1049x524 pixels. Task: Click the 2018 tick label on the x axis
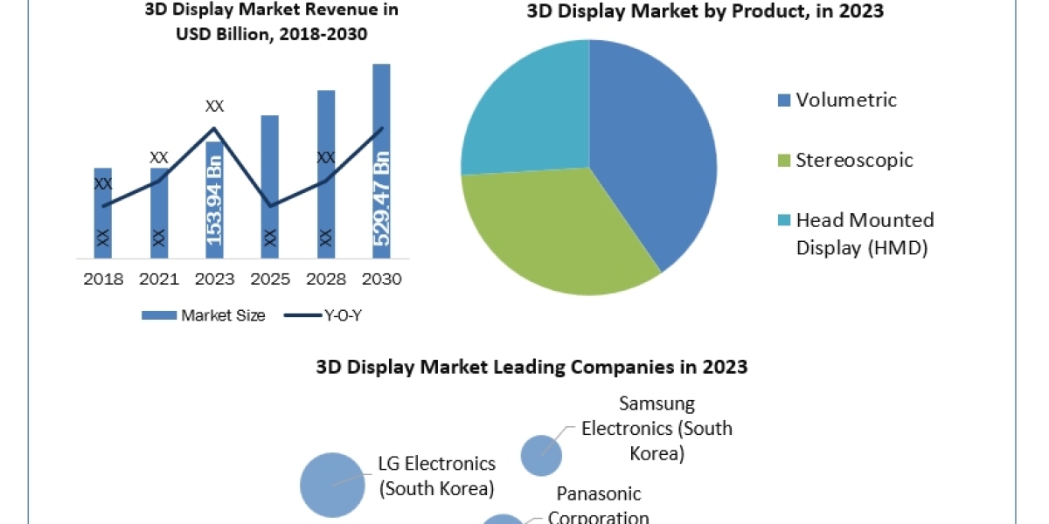(x=102, y=279)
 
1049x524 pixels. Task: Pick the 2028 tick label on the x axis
(x=325, y=279)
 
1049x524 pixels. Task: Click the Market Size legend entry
(x=204, y=315)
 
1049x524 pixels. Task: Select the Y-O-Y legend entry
(x=323, y=315)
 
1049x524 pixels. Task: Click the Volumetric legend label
(x=846, y=100)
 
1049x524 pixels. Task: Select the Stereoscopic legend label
(x=854, y=160)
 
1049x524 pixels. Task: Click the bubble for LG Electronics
(x=332, y=485)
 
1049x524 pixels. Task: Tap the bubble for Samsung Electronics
(x=541, y=455)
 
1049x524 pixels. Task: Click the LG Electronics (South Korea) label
(x=436, y=475)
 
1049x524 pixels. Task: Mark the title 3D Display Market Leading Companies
(x=531, y=367)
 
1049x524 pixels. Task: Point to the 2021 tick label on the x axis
(x=158, y=279)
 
